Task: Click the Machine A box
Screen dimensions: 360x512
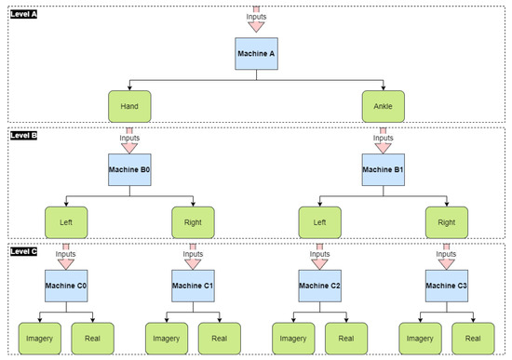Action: pyautogui.click(x=255, y=55)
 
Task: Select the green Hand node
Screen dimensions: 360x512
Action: pyautogui.click(x=129, y=106)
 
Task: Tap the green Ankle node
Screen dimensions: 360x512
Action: pyautogui.click(x=383, y=106)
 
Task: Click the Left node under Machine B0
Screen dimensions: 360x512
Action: pyautogui.click(x=66, y=224)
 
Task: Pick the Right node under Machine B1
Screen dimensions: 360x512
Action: pyautogui.click(x=446, y=224)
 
